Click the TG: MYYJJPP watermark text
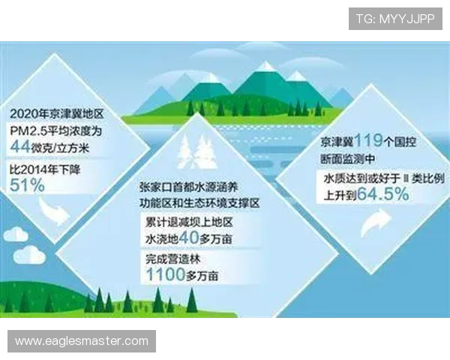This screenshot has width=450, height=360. point(395,17)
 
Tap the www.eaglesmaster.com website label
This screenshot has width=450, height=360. point(82,341)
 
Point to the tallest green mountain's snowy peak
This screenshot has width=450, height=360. point(265,67)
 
